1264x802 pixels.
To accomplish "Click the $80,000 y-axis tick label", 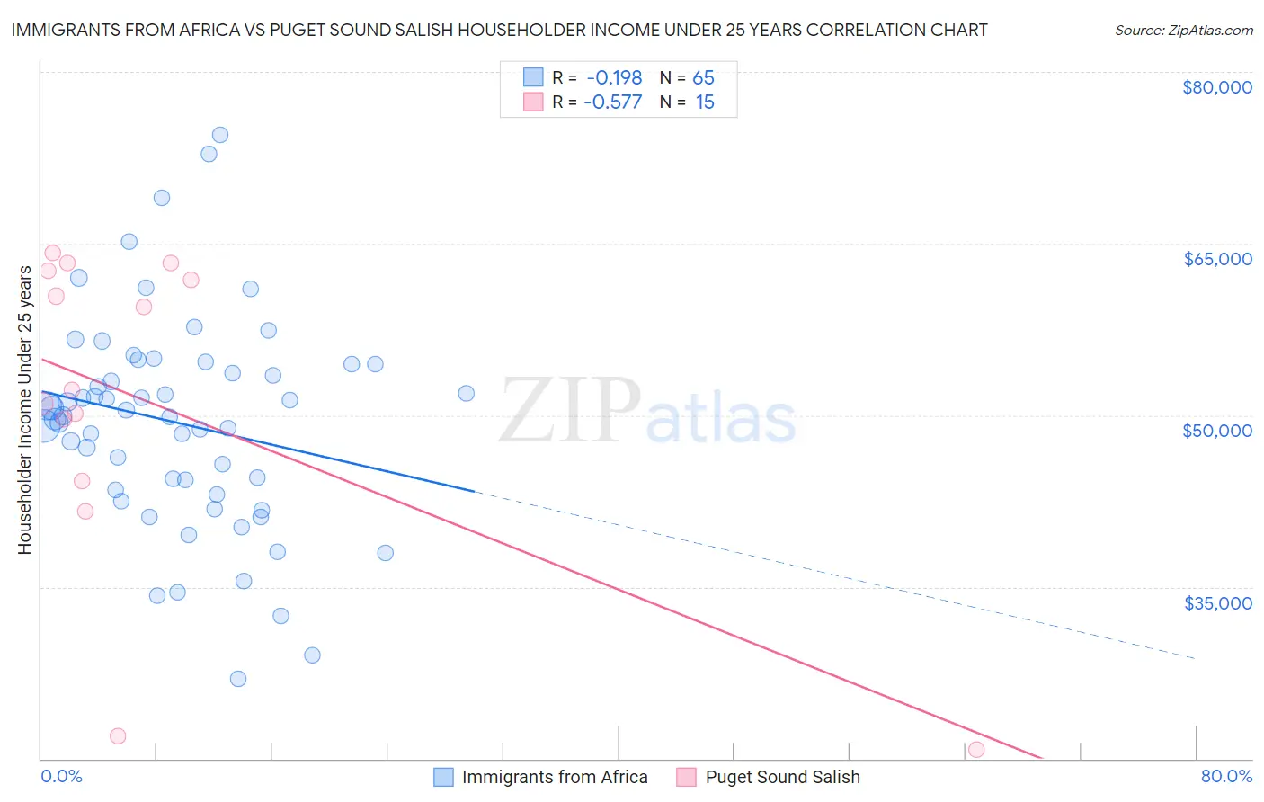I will coord(1216,87).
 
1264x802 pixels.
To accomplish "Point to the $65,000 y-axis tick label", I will coord(1216,259).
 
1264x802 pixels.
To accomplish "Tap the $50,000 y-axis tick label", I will coord(1216,431).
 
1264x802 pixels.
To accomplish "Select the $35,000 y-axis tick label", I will coord(1216,602).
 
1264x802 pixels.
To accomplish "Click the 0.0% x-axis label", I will coord(61,776).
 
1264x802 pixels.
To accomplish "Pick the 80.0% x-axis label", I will coord(1226,776).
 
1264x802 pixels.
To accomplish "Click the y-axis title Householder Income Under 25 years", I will coord(24,410).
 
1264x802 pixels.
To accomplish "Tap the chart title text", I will coord(499,30).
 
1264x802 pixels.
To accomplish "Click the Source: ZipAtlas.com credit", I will coord(1183,30).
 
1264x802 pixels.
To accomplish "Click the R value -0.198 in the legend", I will coord(614,78).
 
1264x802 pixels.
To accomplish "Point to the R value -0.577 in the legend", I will coord(612,102).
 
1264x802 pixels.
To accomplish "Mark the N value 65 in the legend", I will coord(703,78).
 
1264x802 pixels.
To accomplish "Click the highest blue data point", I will coord(219,135).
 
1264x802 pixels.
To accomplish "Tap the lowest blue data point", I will coord(238,679).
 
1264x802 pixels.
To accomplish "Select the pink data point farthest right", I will coord(976,749).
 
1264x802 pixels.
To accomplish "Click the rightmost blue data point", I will coord(466,393).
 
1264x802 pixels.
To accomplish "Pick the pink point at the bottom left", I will coord(118,736).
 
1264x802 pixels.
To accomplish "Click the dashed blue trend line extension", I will coord(836,575).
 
